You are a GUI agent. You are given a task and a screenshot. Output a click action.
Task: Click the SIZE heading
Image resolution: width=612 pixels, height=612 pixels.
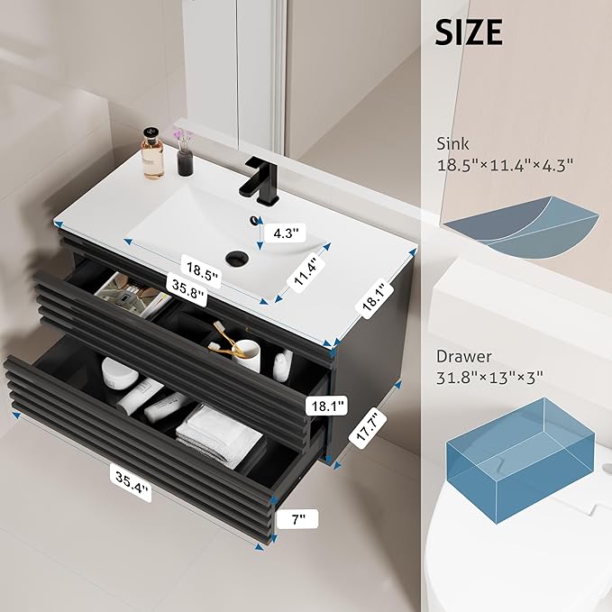(x=469, y=32)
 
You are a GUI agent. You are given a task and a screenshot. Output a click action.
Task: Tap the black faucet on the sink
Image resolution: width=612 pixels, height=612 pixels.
(x=261, y=179)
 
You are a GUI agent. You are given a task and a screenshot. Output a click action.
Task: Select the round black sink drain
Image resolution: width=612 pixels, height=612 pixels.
(x=236, y=258)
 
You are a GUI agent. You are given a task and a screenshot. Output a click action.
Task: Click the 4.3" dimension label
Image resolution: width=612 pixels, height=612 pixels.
(x=286, y=233)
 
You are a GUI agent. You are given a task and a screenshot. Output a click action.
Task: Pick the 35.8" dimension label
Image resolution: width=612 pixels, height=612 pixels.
(x=187, y=288)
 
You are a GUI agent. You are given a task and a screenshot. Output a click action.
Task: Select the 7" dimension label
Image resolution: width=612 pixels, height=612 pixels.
(x=298, y=519)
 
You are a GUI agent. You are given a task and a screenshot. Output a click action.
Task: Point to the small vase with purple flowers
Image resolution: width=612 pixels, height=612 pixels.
(x=185, y=153)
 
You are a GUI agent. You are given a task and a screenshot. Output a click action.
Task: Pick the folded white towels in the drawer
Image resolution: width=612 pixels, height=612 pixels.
(x=219, y=435)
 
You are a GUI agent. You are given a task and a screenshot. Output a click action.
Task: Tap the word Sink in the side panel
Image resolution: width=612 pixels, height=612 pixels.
(x=452, y=144)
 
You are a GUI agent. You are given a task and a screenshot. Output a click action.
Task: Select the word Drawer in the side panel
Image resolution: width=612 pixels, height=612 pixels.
(x=463, y=356)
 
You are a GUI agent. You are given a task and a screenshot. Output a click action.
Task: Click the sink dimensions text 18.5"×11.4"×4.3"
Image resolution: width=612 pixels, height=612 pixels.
(x=505, y=165)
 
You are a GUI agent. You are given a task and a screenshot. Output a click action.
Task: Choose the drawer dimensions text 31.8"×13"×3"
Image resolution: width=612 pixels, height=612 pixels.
(x=489, y=378)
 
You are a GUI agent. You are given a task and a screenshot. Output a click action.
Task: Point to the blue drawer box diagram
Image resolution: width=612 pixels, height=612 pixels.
(x=521, y=461)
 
